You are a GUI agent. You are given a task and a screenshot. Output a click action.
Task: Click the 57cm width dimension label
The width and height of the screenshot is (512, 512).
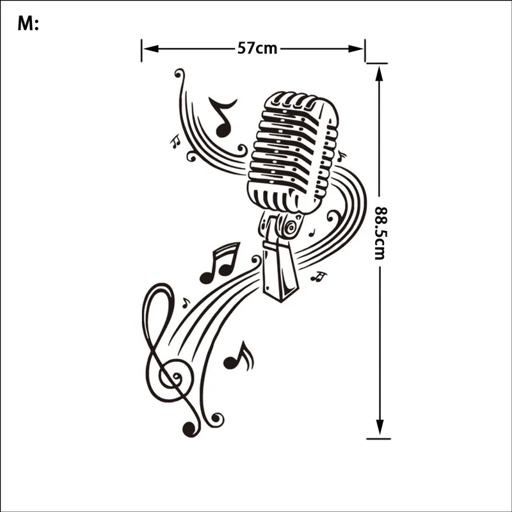click(x=257, y=49)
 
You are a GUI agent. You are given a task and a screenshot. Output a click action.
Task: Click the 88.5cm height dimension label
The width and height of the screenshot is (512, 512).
click(x=380, y=233)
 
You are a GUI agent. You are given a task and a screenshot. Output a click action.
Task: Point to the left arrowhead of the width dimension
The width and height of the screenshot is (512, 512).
click(x=151, y=49)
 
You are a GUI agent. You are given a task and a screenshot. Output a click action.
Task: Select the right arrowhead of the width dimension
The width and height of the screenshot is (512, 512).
click(x=356, y=49)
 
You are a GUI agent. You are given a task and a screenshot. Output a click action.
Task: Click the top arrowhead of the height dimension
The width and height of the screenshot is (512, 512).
click(x=379, y=74)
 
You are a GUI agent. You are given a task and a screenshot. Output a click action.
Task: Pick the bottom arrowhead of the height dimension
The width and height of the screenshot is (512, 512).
click(x=379, y=428)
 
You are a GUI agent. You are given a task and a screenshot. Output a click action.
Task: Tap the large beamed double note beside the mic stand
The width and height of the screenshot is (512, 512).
click(x=220, y=263)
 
